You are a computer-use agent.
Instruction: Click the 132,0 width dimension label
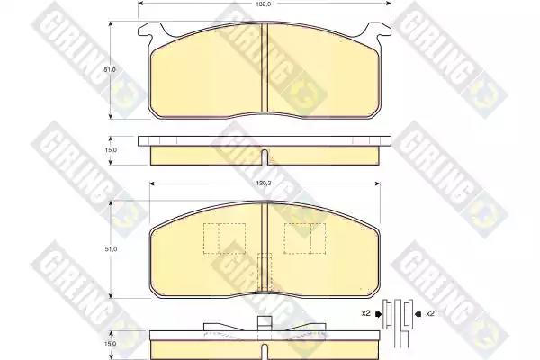(264, 4)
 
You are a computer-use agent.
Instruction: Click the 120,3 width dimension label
(264, 184)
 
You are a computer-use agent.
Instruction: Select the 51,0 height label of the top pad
(110, 69)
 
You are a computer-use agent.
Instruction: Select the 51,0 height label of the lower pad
(111, 249)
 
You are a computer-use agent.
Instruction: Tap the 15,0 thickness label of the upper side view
(111, 150)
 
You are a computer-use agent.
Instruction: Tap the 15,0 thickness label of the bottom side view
(111, 344)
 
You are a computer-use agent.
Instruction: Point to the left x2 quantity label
(365, 313)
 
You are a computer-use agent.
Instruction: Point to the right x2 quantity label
(430, 313)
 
